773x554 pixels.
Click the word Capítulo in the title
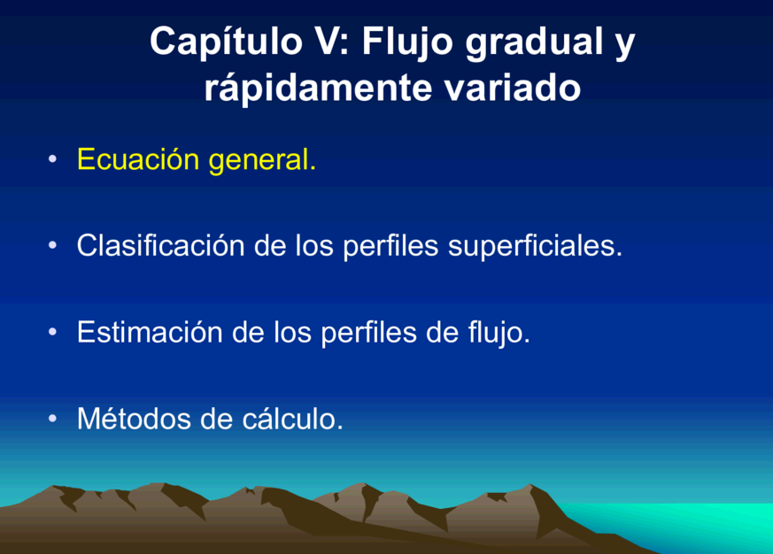[x=227, y=42]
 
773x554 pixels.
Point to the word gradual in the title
[x=535, y=42]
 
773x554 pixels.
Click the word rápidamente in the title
[x=318, y=88]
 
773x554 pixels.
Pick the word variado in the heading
[x=512, y=88]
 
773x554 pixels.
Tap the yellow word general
[x=262, y=161]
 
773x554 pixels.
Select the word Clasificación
[x=161, y=245]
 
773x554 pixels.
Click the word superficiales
[x=536, y=246]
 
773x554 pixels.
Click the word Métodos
[x=134, y=419]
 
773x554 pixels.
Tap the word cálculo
[x=292, y=419]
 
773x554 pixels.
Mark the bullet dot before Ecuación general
[x=53, y=158]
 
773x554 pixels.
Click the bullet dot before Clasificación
[x=53, y=245]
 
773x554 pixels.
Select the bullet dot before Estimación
[x=53, y=332]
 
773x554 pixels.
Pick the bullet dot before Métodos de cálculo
[x=53, y=419]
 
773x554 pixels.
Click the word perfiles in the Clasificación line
[x=390, y=246]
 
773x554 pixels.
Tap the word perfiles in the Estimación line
[x=368, y=333]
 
